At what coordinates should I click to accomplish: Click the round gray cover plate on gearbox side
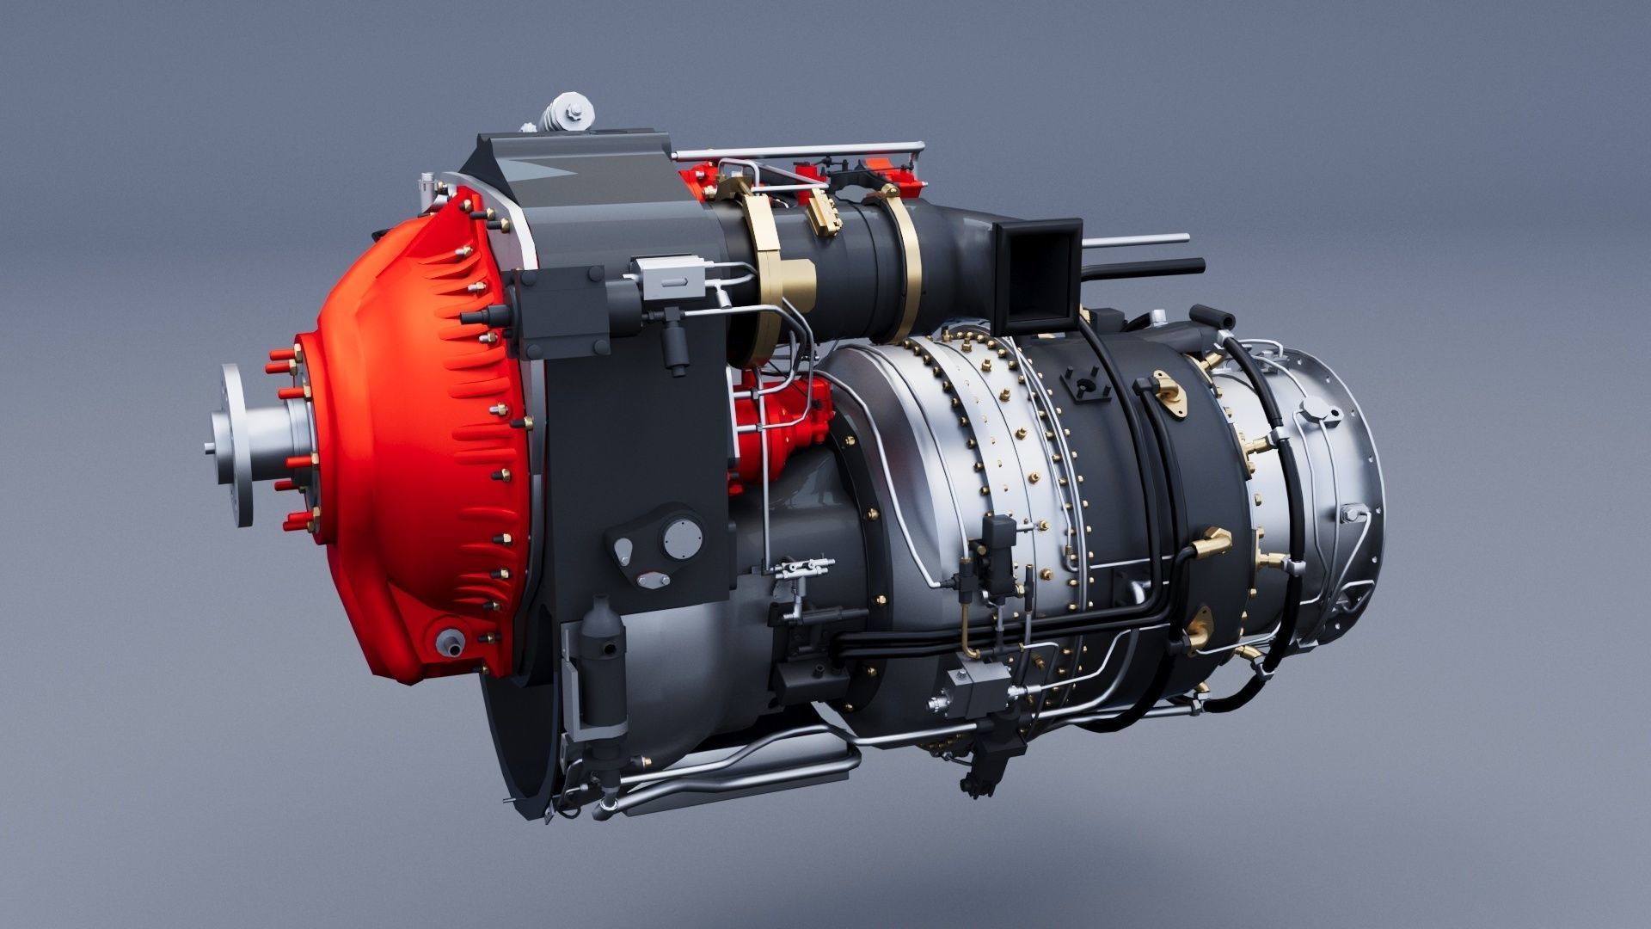(x=683, y=538)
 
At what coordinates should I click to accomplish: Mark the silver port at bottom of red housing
(x=448, y=641)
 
